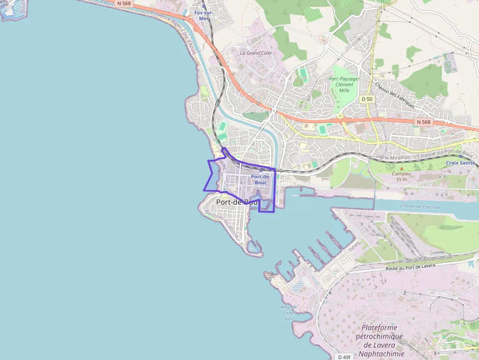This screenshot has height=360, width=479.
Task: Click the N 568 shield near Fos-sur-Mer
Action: tap(123, 3)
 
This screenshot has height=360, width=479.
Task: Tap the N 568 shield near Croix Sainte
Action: tap(423, 122)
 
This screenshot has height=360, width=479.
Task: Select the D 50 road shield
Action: tap(367, 99)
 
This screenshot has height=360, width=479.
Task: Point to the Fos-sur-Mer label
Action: tap(204, 15)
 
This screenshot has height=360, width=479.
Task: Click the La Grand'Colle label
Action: tap(256, 53)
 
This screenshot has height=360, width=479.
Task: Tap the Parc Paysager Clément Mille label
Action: tap(344, 84)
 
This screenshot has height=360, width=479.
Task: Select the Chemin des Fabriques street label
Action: tap(394, 95)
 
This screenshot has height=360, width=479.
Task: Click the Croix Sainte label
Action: tap(460, 163)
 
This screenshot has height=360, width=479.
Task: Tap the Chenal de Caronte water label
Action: tap(420, 207)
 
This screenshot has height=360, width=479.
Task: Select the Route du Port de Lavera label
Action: tap(410, 267)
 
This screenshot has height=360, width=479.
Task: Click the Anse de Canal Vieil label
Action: tap(289, 313)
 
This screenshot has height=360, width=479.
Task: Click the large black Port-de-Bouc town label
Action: tap(238, 202)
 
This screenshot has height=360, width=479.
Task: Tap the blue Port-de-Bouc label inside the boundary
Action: tap(261, 179)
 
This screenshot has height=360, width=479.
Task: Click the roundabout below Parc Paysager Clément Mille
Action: tap(340, 116)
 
